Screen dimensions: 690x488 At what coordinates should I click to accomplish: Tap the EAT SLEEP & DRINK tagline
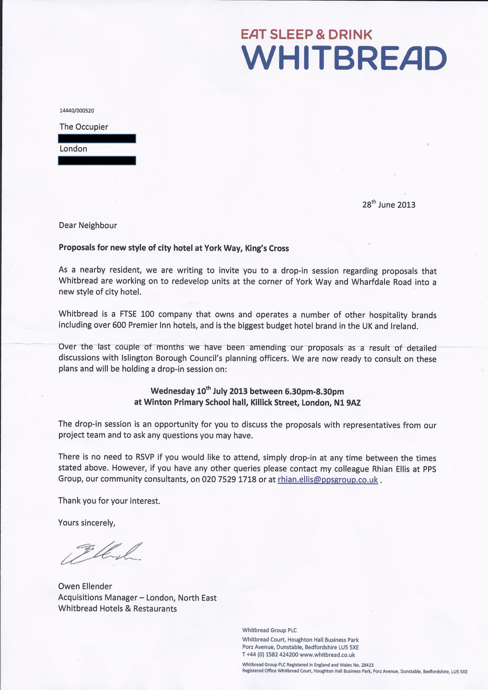tap(306, 35)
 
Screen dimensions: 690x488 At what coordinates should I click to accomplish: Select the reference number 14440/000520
tap(77, 111)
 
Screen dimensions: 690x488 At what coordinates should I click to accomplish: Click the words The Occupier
tap(83, 127)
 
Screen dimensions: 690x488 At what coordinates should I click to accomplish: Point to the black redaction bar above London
tap(97, 138)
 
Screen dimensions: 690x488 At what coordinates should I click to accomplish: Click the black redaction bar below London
tap(97, 160)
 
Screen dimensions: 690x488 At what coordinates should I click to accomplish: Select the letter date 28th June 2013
tap(388, 204)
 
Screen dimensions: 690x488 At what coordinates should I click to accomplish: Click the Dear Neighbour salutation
tap(88, 225)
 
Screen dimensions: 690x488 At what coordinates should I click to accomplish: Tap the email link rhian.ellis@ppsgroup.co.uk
tap(327, 479)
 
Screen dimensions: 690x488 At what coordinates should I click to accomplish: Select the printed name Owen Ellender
tap(85, 586)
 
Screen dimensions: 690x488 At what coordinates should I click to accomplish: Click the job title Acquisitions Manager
tap(98, 598)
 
